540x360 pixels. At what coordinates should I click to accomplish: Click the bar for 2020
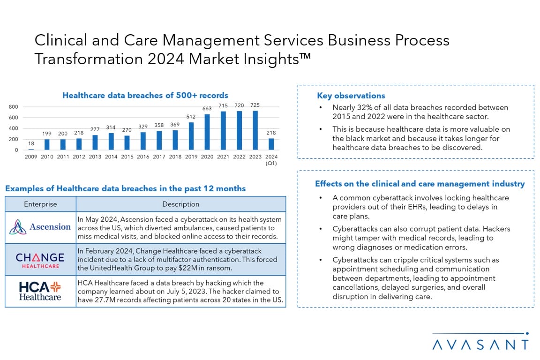pyautogui.click(x=207, y=132)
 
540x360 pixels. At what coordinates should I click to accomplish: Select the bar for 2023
pyautogui.click(x=255, y=130)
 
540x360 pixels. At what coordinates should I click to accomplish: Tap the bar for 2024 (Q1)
pyautogui.click(x=271, y=144)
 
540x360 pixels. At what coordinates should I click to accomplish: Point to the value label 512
pyautogui.click(x=191, y=117)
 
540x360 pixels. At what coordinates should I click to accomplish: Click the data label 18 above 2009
pyautogui.click(x=31, y=143)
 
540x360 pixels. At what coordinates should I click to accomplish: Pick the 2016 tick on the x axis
pyautogui.click(x=143, y=157)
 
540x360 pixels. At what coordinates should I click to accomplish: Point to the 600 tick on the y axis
pyautogui.click(x=14, y=118)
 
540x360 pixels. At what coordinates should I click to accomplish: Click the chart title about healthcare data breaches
pyautogui.click(x=145, y=96)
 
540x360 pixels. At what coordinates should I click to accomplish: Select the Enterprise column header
pyautogui.click(x=40, y=204)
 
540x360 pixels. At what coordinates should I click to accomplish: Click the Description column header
pyautogui.click(x=181, y=204)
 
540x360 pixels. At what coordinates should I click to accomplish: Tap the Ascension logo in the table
pyautogui.click(x=40, y=227)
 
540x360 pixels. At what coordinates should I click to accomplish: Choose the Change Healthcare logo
pyautogui.click(x=40, y=260)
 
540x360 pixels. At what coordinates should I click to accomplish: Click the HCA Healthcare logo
pyautogui.click(x=40, y=291)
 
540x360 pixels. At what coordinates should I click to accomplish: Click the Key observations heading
pyautogui.click(x=351, y=96)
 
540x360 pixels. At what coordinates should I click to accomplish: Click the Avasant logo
pyautogui.click(x=480, y=342)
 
